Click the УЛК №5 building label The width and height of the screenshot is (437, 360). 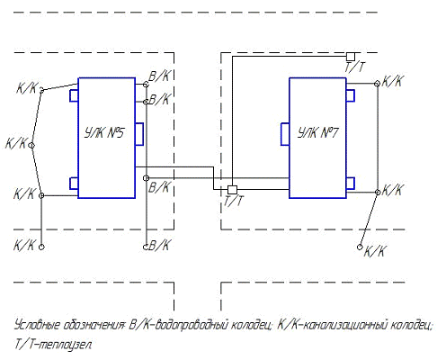(103, 132)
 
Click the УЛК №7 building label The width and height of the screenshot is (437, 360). (318, 132)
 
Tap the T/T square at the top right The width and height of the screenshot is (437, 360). (351, 57)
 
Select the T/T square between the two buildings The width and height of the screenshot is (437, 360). (232, 190)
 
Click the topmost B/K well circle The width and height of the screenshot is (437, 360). (146, 85)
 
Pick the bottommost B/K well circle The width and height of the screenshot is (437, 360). (146, 247)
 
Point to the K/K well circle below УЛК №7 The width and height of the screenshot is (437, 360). (360, 247)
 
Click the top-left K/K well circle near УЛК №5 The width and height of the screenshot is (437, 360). (41, 90)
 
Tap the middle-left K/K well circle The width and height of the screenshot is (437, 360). (31, 146)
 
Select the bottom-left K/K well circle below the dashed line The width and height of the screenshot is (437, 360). (41, 247)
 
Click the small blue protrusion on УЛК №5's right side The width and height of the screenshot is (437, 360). (139, 134)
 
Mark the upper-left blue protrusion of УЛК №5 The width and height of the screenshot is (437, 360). (74, 95)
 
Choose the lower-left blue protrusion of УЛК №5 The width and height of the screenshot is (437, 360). (74, 184)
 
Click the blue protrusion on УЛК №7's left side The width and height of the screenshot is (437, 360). (285, 134)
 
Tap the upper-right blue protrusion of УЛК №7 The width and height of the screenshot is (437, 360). (351, 95)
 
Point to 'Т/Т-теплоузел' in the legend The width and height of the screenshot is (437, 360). (53, 345)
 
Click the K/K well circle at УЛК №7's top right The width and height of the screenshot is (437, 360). (378, 84)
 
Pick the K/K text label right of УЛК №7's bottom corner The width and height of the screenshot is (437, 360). (392, 190)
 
